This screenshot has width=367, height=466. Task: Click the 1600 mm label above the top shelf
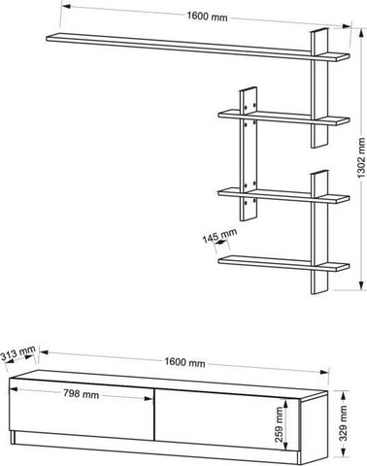pos(207,17)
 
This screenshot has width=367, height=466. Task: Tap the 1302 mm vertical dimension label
pos(361,158)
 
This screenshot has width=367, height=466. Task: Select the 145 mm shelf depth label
pos(219,236)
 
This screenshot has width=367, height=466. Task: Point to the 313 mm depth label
pos(17,353)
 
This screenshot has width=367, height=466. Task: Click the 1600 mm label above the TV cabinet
pos(184,362)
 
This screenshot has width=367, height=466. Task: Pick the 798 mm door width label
pos(81,394)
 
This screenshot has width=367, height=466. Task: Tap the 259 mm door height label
pos(279,424)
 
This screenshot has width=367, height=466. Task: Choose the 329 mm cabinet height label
pos(343,423)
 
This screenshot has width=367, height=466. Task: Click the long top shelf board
pos(197,48)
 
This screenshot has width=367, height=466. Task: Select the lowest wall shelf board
pos(284,263)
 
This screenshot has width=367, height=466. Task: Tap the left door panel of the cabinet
pos(82,410)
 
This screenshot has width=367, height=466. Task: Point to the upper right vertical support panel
pos(319,88)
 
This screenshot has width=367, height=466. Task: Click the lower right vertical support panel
pos(319,232)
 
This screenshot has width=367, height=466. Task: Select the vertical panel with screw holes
pos(249,154)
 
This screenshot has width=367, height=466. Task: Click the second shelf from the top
pos(284,117)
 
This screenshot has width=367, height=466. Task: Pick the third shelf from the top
pos(284,195)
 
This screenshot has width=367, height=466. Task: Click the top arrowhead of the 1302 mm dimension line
pos(360,32)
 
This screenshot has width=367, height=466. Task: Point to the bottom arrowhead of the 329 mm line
pos(343,452)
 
